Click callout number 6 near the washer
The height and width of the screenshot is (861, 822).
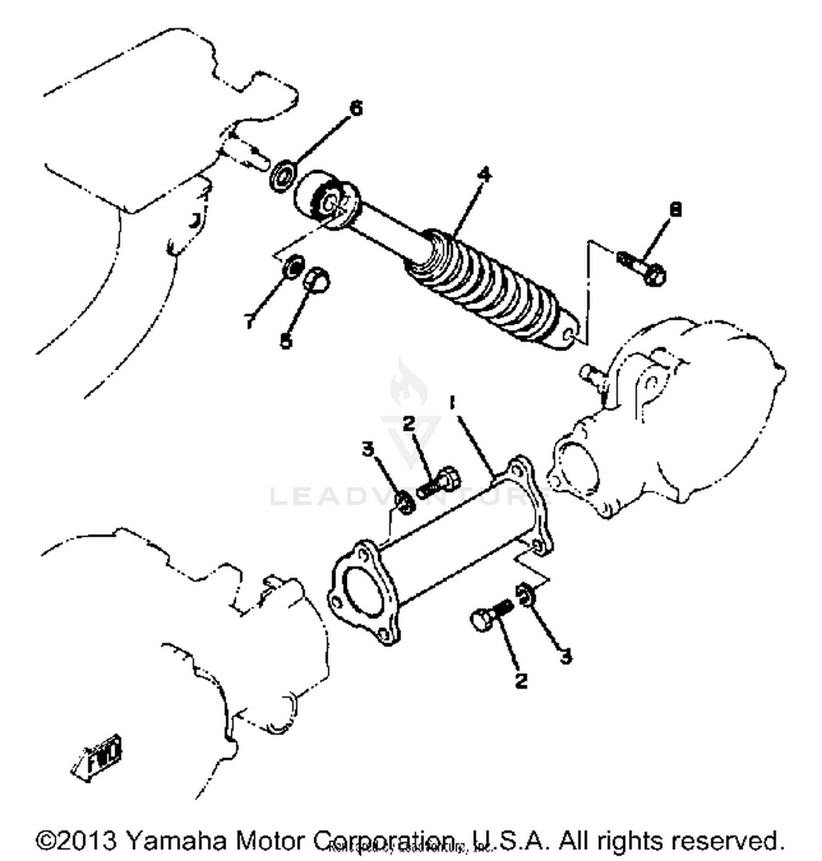tap(356, 108)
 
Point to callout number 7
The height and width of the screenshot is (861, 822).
tap(250, 323)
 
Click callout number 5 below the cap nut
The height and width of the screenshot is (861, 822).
tap(286, 342)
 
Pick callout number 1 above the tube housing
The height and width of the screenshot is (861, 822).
tap(452, 404)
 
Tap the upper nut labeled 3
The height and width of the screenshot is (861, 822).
tap(404, 502)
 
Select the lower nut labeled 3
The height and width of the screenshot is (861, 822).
tap(524, 594)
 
